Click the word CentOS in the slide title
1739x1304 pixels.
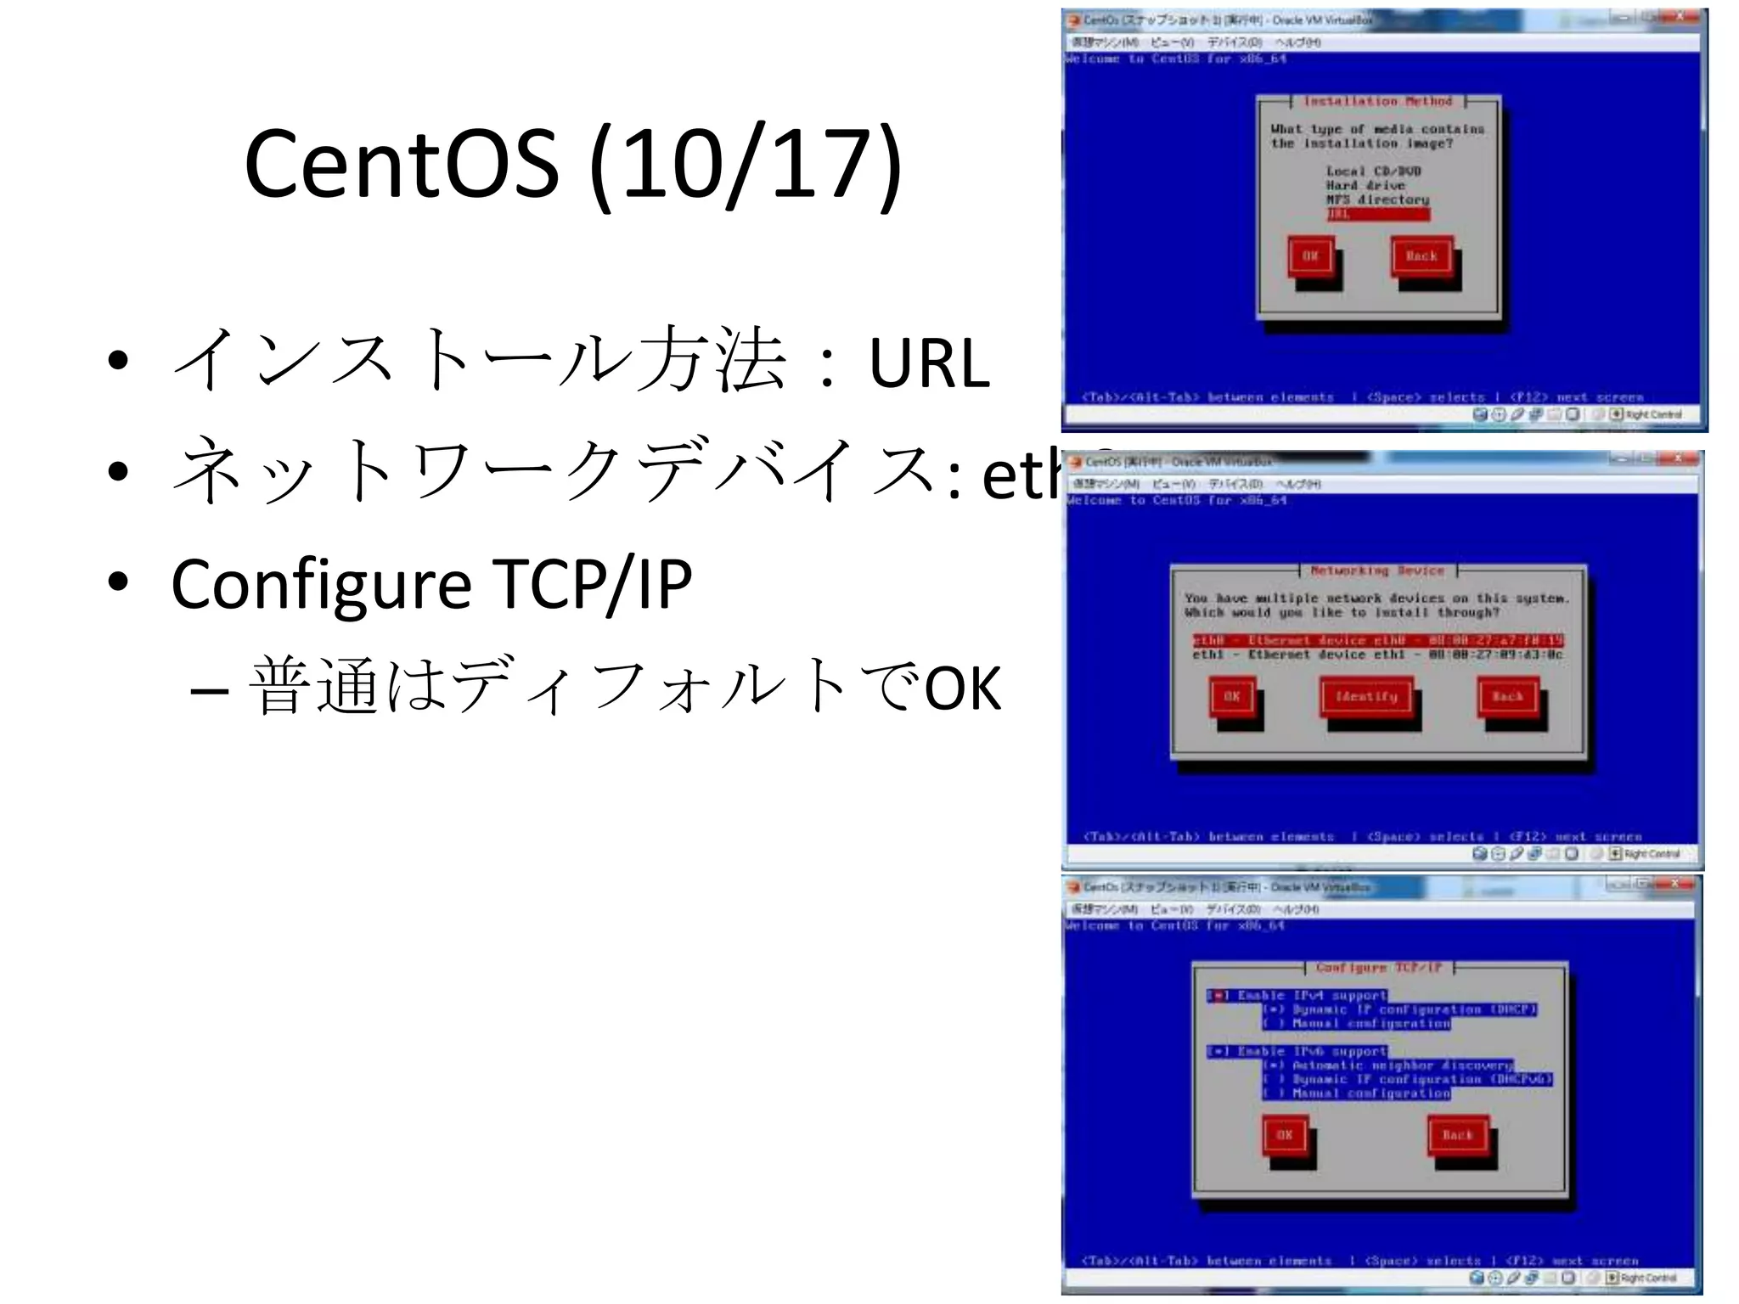coord(402,164)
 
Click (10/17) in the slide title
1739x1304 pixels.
coord(745,164)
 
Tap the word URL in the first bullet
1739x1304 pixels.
coord(929,363)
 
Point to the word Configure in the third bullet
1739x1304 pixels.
coord(321,585)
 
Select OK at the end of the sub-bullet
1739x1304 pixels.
coord(963,688)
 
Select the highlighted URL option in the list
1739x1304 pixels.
coord(1377,214)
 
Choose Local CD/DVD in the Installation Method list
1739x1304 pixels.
coord(1373,171)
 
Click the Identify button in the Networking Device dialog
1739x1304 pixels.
coord(1366,697)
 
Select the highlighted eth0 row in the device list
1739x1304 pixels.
coord(1377,640)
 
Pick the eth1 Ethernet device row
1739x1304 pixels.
coord(1377,655)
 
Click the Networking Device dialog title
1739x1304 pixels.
coord(1377,570)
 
